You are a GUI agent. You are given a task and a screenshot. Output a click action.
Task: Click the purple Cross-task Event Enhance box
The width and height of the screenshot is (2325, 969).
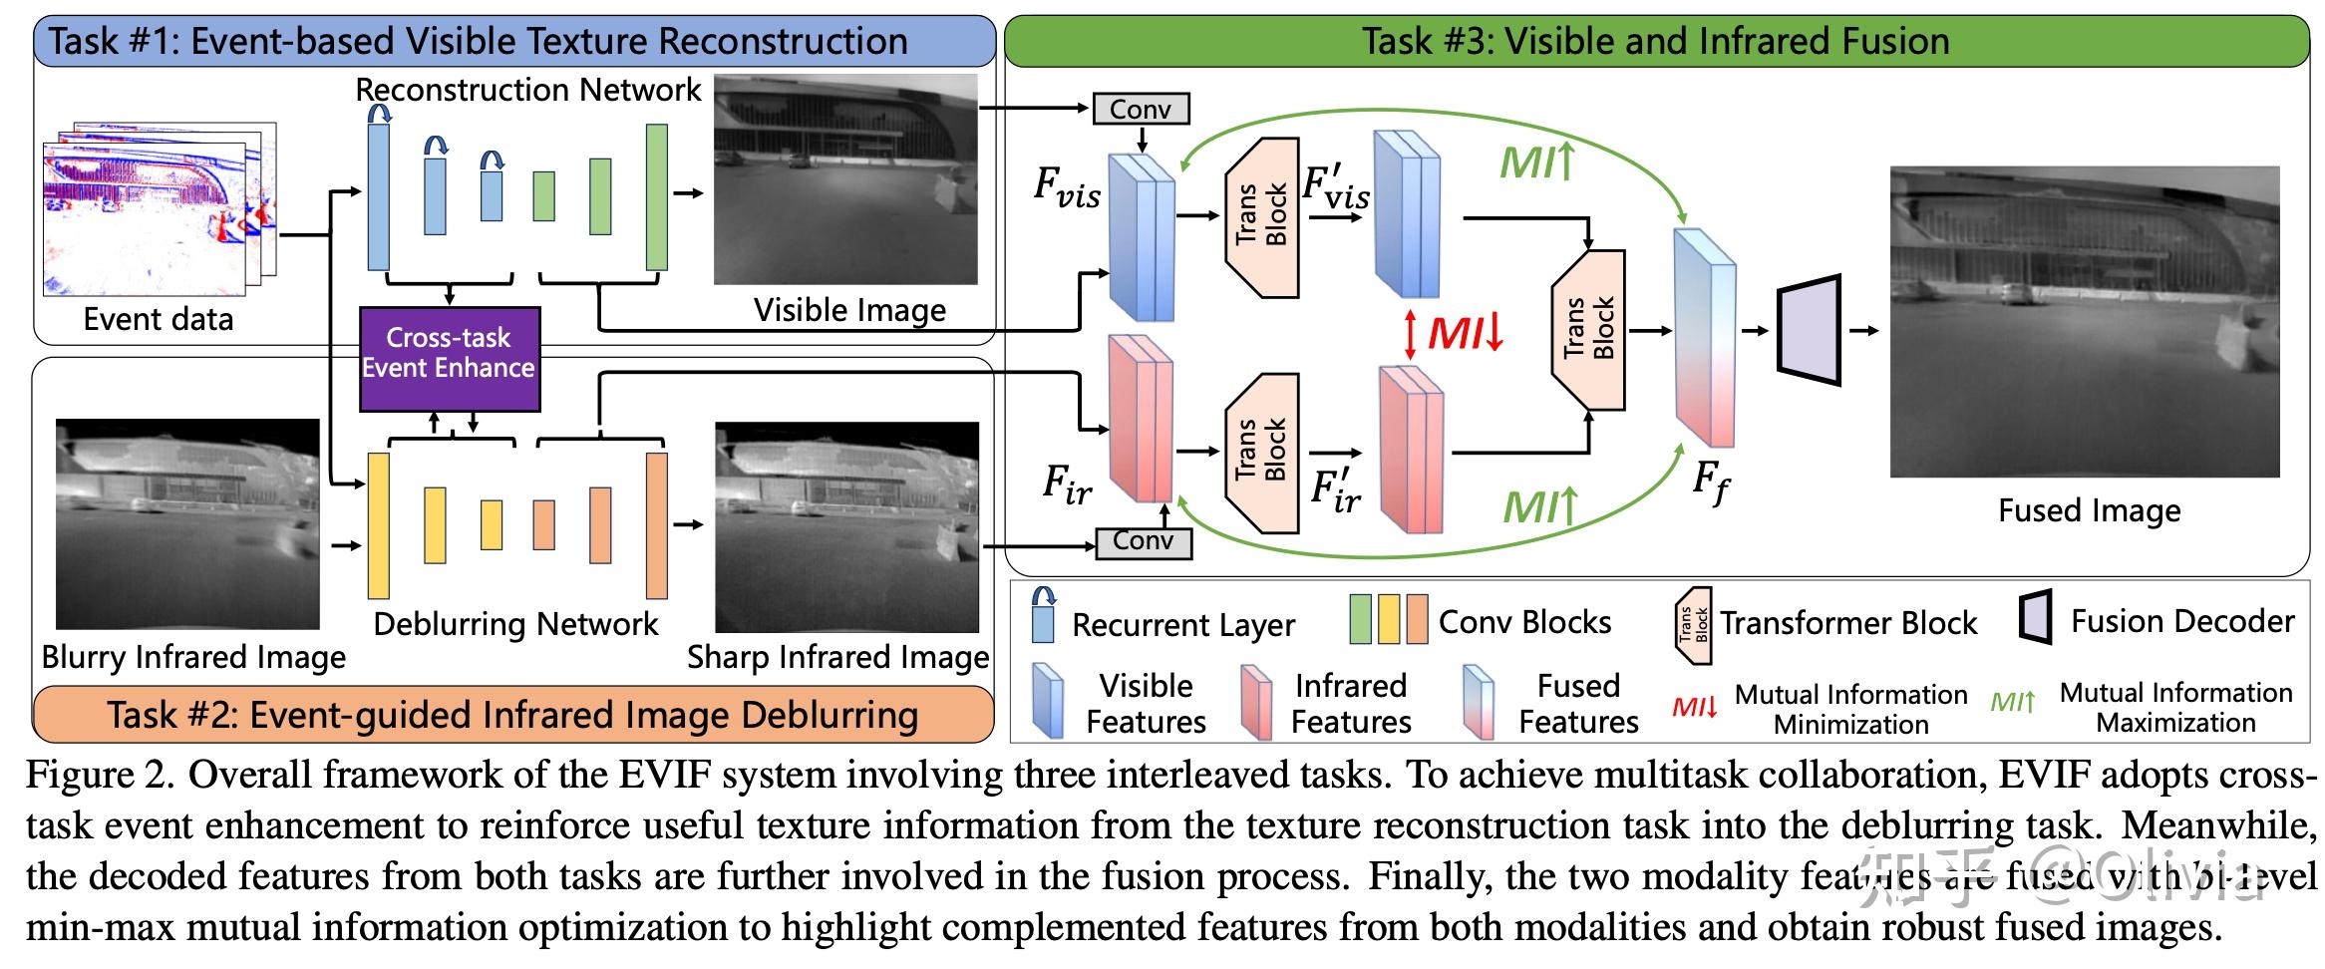pyautogui.click(x=449, y=359)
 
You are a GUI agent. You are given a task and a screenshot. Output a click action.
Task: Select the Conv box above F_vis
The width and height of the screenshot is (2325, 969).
pyautogui.click(x=1141, y=109)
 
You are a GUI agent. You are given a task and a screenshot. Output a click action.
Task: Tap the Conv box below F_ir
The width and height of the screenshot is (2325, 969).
pyautogui.click(x=1143, y=541)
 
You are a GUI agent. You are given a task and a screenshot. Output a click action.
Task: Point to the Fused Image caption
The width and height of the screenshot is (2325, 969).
pyautogui.click(x=2089, y=510)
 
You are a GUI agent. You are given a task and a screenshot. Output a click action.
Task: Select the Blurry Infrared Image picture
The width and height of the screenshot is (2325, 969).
pyautogui.click(x=187, y=524)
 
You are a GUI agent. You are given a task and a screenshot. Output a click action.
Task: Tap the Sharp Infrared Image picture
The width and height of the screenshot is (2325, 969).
pyautogui.click(x=846, y=526)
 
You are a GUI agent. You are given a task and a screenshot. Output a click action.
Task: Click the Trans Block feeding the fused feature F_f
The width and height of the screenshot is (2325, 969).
pyautogui.click(x=1588, y=329)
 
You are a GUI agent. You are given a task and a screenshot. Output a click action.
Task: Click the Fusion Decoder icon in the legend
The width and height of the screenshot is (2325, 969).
pyautogui.click(x=2034, y=619)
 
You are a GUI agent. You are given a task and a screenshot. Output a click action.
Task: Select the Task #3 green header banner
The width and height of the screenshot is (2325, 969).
pyautogui.click(x=1655, y=41)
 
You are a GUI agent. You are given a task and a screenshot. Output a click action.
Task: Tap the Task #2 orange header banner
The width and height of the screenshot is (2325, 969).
pyautogui.click(x=512, y=715)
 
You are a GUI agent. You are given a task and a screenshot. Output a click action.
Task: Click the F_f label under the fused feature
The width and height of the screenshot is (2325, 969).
pyautogui.click(x=1709, y=483)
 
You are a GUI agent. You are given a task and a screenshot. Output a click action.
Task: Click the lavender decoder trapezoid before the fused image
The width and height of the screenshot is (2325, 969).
pyautogui.click(x=1811, y=330)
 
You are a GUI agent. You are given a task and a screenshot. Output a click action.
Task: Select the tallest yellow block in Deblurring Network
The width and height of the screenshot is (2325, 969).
pyautogui.click(x=378, y=524)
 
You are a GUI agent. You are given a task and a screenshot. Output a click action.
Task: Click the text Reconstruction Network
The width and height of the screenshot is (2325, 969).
pyautogui.click(x=528, y=90)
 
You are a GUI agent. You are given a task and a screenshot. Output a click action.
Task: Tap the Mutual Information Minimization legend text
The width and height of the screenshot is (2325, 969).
pyautogui.click(x=1850, y=709)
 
